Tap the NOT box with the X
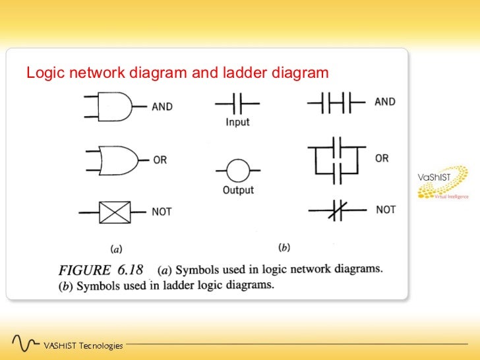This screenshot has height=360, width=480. tap(115, 212)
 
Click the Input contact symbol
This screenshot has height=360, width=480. tap(237, 104)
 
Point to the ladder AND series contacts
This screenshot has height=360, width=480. tap(336, 103)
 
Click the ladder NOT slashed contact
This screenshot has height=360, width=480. tap(338, 210)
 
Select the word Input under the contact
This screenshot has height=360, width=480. tap(237, 122)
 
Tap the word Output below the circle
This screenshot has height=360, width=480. tap(238, 190)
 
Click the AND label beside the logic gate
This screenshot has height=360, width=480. tap(162, 107)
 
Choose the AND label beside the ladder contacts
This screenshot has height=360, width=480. tap(385, 102)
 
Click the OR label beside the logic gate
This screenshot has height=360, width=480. tap(160, 160)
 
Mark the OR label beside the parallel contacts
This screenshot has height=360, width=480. tap(382, 158)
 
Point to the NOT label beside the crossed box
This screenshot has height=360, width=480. tap(162, 212)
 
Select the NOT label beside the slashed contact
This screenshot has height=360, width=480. tap(386, 210)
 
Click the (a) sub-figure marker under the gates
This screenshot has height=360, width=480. tap(116, 249)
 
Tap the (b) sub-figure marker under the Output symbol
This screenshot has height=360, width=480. tap(284, 247)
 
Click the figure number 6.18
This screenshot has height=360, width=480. tap(130, 270)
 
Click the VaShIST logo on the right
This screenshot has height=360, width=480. tap(442, 183)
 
